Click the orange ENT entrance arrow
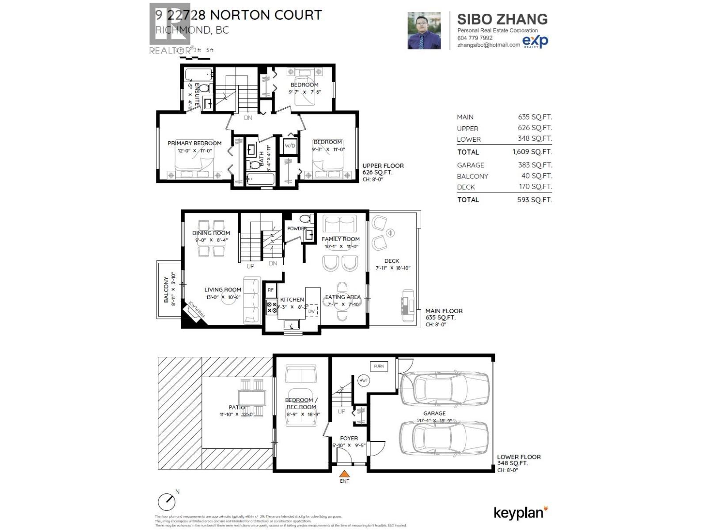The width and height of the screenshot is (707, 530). point(344,474)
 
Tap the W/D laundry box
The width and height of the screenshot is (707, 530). point(290,146)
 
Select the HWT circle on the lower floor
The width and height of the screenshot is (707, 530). point(363,380)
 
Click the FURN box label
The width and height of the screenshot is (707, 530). point(379,366)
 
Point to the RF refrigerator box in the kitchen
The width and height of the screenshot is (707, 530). point(270,290)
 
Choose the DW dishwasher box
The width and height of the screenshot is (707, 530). point(312,311)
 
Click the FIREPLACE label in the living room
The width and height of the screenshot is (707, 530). point(197,309)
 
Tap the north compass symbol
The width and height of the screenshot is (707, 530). point(167,501)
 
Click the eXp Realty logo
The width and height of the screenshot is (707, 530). point(535,42)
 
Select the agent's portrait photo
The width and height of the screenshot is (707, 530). point(424,30)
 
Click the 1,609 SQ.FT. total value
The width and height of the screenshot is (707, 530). point(532,152)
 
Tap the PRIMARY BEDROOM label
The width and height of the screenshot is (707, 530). point(194,143)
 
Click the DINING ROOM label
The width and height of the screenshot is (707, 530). point(211,233)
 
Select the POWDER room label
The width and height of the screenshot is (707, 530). point(296,228)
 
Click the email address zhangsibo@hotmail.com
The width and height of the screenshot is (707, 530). point(488,45)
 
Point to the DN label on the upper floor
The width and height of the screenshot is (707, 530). point(248,118)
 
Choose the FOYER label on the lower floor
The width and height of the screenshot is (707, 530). point(349,438)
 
